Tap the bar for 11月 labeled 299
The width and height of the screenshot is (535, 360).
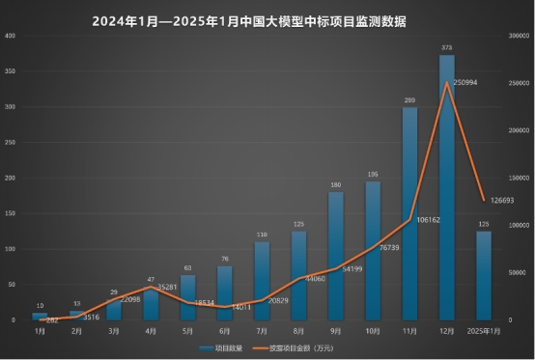click(x=409, y=213)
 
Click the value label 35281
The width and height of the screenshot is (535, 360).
click(x=165, y=286)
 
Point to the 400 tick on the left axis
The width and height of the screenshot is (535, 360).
click(x=11, y=36)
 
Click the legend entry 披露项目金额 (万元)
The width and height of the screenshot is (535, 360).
click(x=297, y=346)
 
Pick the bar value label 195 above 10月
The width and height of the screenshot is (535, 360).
click(x=372, y=175)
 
